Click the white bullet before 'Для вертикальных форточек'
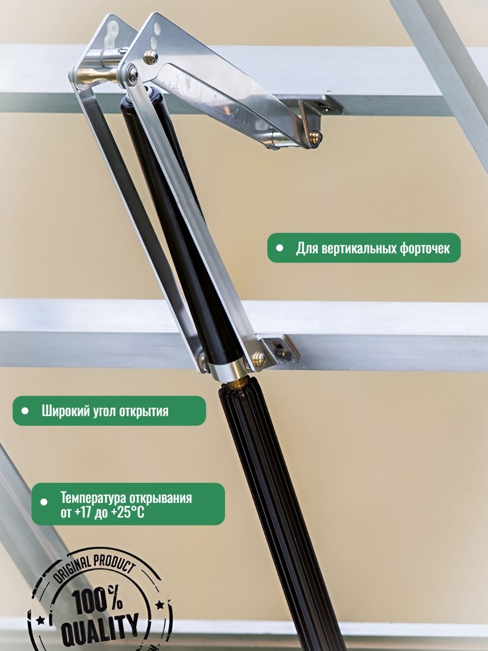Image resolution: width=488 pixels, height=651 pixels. click(x=280, y=248)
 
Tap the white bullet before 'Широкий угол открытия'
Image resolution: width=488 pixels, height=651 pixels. click(x=25, y=411)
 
